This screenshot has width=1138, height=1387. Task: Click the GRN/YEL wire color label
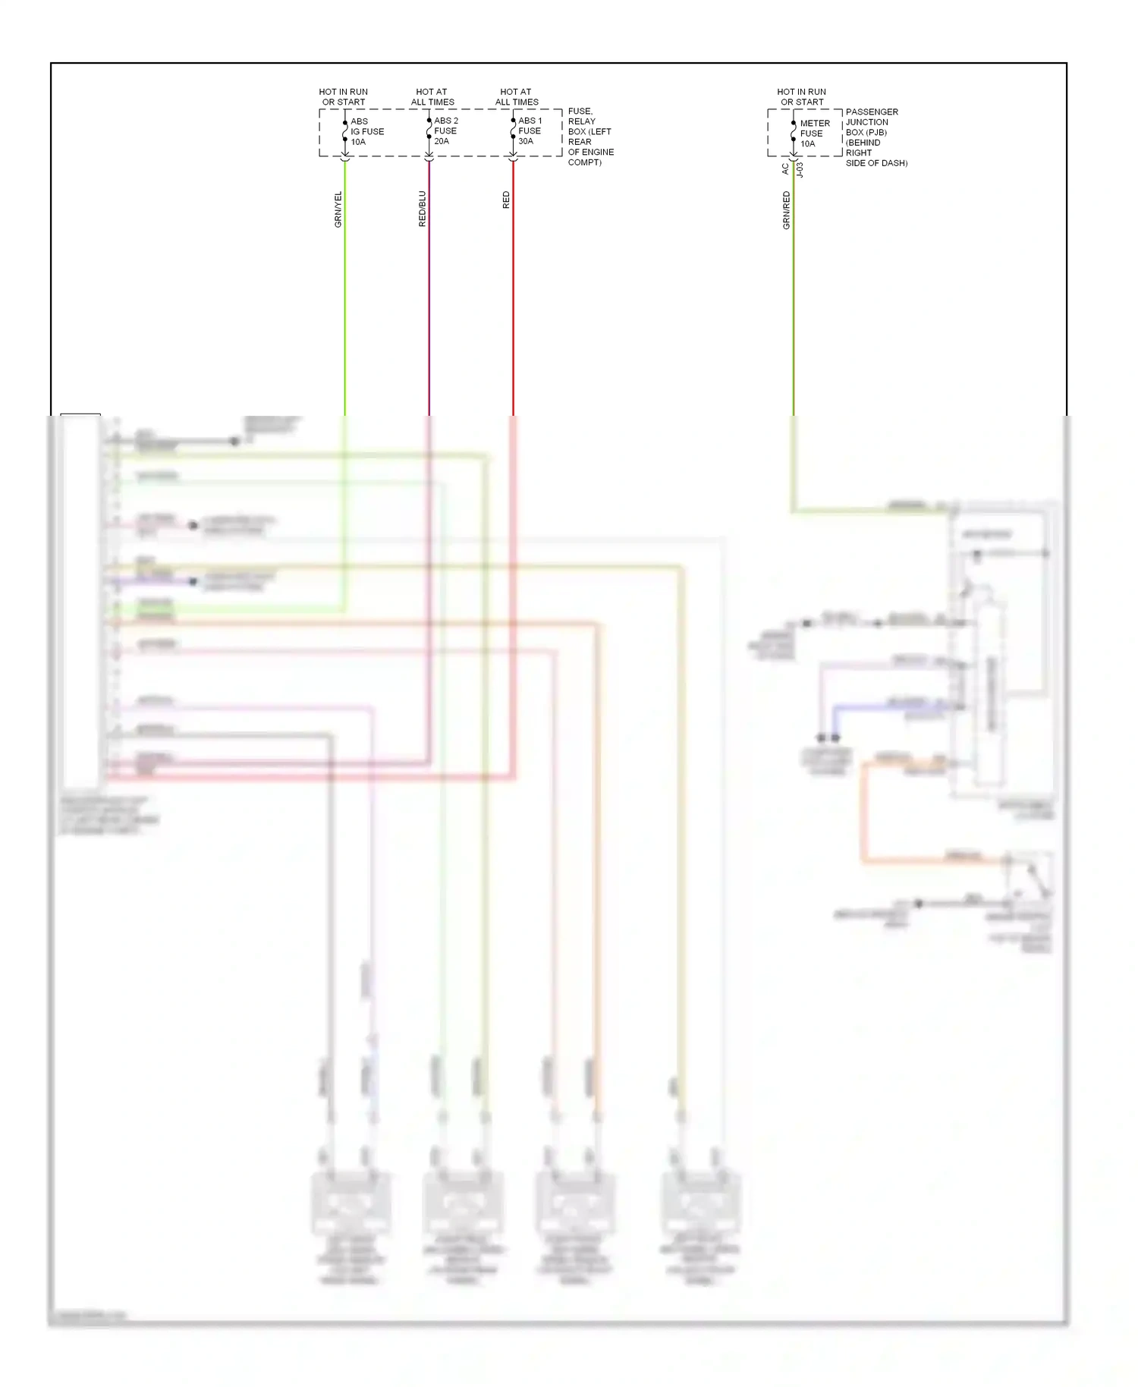coord(338,209)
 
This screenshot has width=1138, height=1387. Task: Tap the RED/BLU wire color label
coord(423,209)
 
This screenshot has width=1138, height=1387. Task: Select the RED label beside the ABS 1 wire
coord(506,200)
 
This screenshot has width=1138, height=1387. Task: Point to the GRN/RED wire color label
coord(786,210)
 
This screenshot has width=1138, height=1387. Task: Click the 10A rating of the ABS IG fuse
coord(358,142)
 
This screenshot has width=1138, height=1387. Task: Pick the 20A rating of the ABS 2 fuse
coord(442,141)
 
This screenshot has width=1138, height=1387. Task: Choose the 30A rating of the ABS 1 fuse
coord(526,141)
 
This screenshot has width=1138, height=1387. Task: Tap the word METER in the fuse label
coord(815,123)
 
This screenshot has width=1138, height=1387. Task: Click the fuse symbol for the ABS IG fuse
coord(345,131)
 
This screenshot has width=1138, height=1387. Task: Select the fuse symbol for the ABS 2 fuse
coord(429,131)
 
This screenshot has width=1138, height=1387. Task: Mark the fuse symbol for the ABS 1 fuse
coord(513,131)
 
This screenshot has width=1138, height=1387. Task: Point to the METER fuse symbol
coord(794,133)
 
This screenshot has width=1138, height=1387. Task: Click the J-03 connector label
coord(800,169)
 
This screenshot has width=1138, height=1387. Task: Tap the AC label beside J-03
coord(785,169)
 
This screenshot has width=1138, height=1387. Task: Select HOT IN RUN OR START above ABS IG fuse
coord(343,97)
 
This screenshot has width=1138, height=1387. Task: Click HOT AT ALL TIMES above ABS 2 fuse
coord(432,97)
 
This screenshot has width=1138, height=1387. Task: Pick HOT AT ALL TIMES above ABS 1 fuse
coord(517,97)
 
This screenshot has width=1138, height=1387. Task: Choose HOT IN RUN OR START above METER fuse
coord(801,97)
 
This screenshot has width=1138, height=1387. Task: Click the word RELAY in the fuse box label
coord(582,121)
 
